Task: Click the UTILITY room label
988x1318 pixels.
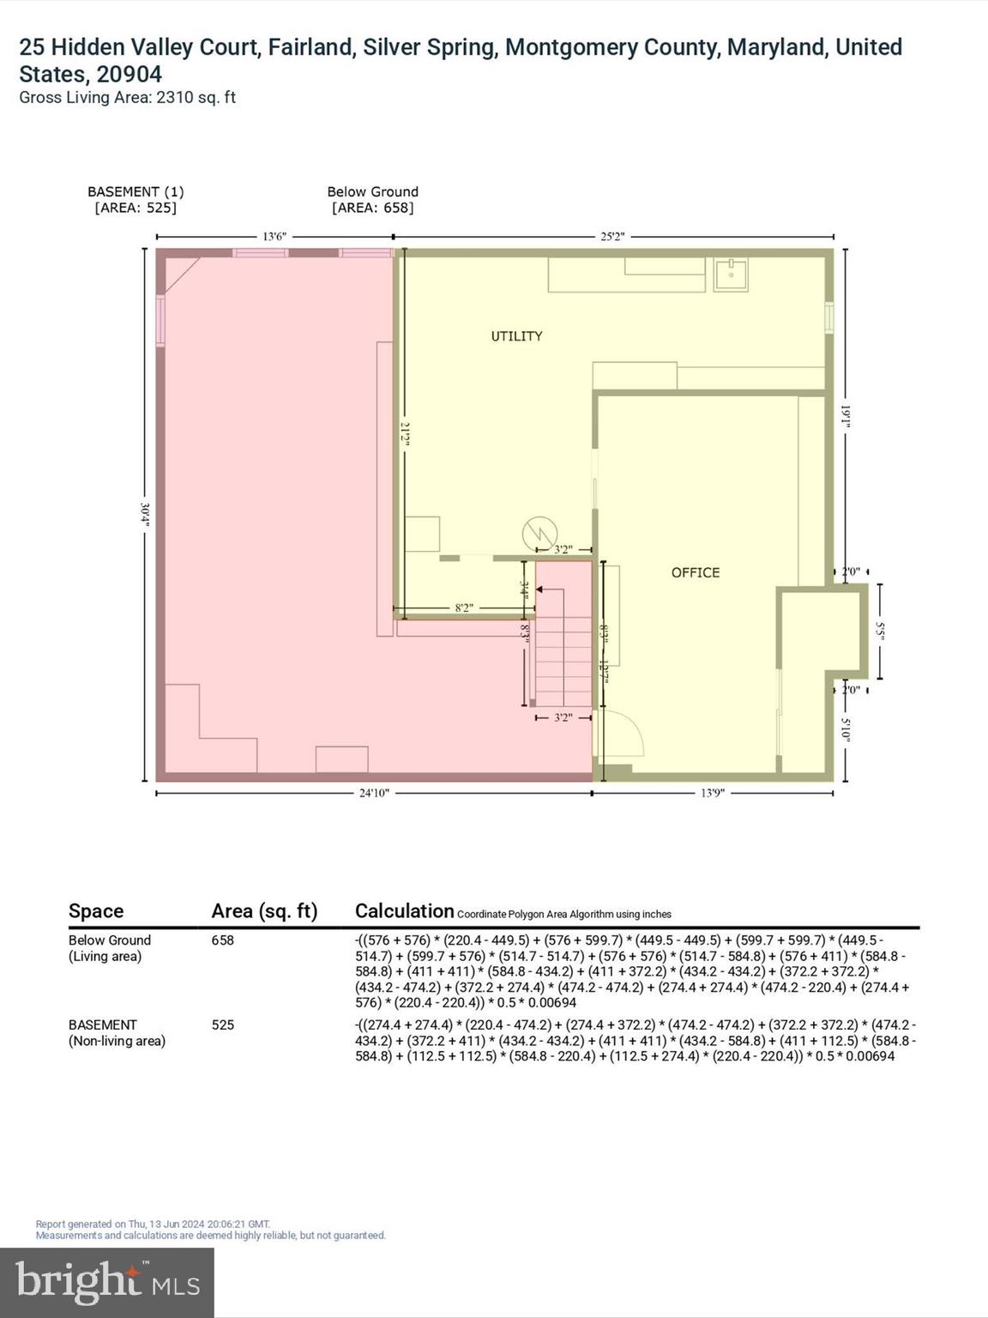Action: [516, 336]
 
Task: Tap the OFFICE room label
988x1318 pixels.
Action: [695, 572]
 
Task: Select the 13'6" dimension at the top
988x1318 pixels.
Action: [274, 236]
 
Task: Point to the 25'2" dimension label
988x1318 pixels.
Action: [612, 236]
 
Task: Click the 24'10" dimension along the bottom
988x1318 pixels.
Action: [374, 793]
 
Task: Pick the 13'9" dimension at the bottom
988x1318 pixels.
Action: [712, 793]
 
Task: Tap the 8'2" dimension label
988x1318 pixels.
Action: [463, 608]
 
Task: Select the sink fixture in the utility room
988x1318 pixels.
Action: [731, 275]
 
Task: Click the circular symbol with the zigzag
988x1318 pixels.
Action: [539, 535]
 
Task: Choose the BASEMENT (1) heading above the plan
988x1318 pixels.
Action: [136, 191]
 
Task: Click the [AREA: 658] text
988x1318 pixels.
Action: [372, 208]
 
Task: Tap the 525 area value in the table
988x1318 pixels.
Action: [223, 1025]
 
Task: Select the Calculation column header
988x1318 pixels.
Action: [404, 911]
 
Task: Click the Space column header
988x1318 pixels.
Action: [96, 911]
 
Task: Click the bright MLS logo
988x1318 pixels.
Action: [107, 1282]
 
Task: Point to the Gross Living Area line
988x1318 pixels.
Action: [127, 98]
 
